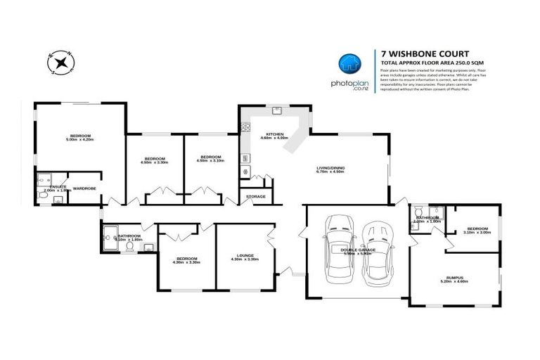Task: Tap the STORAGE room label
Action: tap(255, 196)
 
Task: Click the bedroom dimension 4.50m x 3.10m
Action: tap(210, 161)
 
